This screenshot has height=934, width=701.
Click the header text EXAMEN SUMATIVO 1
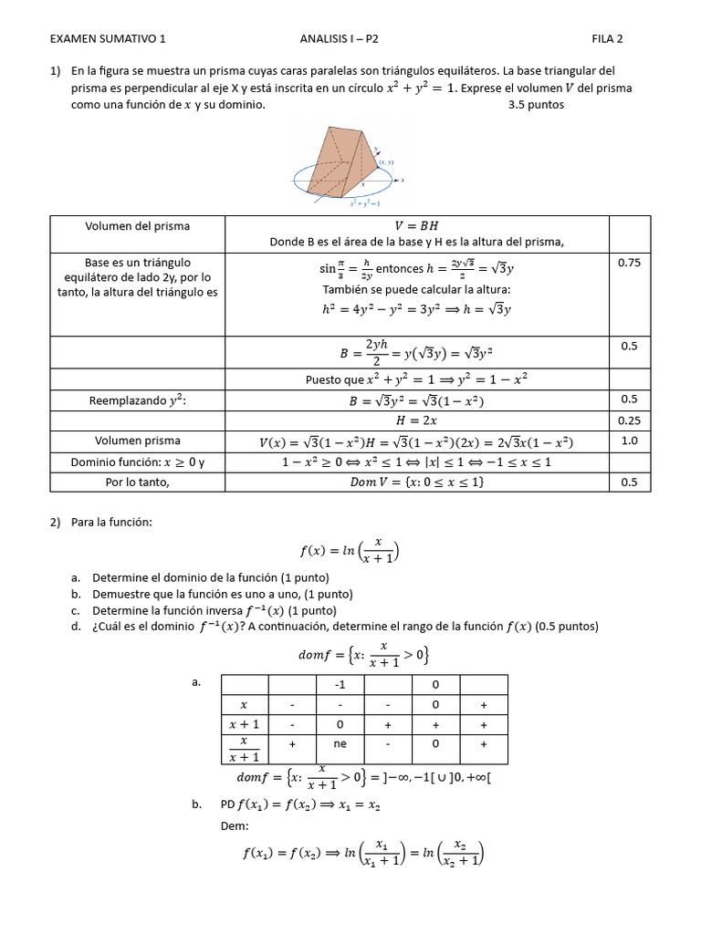108,39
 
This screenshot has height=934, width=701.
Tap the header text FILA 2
607,39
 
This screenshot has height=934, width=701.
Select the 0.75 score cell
629,263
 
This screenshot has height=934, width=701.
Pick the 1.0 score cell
629,441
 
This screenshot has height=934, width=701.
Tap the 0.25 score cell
629,420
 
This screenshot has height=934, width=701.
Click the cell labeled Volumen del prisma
138,225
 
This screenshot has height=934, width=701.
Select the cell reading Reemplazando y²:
138,400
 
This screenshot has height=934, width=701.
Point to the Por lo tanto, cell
138,483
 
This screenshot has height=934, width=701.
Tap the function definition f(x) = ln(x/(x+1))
350,552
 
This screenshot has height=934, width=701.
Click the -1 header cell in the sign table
340,685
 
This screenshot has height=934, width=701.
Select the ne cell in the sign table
340,744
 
